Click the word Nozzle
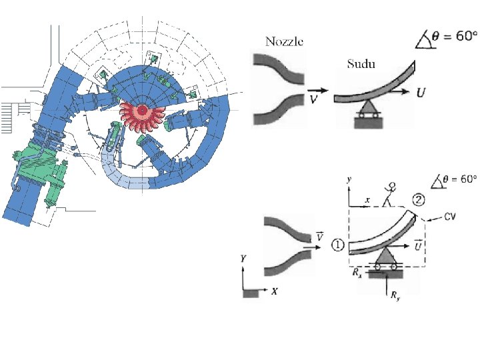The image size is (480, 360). (x=285, y=41)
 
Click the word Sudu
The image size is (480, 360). (x=361, y=64)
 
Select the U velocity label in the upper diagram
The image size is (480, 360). (x=421, y=92)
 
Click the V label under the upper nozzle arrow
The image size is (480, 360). (x=313, y=99)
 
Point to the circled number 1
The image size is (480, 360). (x=338, y=245)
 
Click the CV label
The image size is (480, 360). (x=450, y=217)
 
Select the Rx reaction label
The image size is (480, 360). (x=357, y=272)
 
